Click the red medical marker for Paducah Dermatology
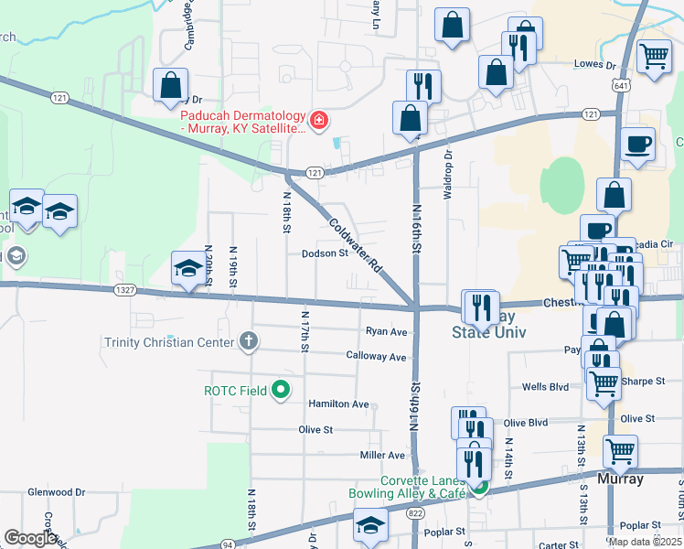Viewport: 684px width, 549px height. [x=318, y=121]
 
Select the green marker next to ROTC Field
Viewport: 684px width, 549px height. [x=282, y=391]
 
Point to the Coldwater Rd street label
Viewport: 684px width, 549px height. [x=356, y=245]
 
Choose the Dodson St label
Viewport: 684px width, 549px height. [x=326, y=254]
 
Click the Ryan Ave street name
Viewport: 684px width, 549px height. [x=386, y=331]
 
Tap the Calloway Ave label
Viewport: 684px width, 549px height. [x=376, y=356]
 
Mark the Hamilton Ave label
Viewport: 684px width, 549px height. [x=338, y=404]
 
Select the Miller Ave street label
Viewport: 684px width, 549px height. [x=382, y=455]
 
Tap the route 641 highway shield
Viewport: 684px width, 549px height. [x=621, y=85]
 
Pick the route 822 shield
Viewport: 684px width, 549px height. [x=416, y=514]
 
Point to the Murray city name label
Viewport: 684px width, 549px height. [x=621, y=479]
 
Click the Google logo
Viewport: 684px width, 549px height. [x=30, y=539]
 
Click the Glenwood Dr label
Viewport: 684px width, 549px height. [x=56, y=491]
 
